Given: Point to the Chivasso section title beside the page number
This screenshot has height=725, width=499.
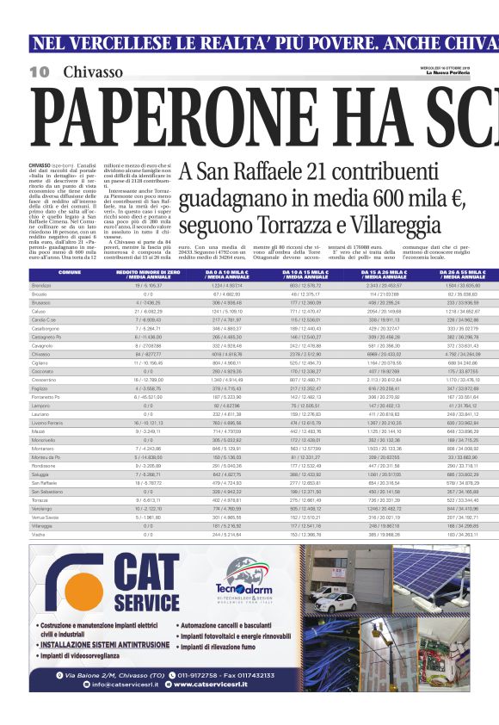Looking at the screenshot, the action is point(92,71).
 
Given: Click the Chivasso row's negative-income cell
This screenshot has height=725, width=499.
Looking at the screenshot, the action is point(148,354).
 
